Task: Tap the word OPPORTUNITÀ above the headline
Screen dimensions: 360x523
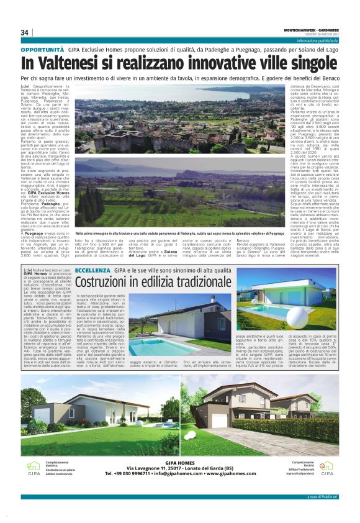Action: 42,48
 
